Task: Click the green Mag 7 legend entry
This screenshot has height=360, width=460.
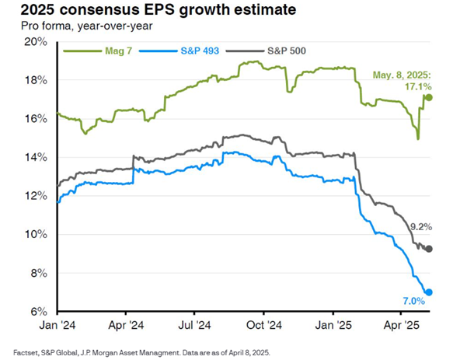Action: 98,51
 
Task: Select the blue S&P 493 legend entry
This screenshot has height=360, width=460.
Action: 179,51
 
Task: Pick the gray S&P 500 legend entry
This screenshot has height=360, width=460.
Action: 266,51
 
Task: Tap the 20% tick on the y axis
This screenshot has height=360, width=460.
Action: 36,42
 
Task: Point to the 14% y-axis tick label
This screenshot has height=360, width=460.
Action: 36,157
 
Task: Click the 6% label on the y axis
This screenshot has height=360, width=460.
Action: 39,312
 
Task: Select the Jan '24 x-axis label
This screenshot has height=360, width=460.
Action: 57,325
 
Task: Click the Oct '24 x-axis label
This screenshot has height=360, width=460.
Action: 264,325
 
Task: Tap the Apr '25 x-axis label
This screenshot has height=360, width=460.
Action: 402,325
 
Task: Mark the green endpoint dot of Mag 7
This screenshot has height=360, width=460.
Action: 429,97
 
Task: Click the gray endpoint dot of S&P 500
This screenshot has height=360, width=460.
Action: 429,249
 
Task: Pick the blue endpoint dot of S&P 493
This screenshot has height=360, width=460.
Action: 429,292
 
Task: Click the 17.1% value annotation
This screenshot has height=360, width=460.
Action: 418,86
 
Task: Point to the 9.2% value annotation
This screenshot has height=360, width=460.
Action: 421,227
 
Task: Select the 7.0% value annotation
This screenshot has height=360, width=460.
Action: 414,301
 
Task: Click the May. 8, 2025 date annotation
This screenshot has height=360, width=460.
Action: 402,75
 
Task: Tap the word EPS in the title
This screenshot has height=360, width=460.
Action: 159,9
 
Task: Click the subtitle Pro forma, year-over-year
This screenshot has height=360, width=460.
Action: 87,26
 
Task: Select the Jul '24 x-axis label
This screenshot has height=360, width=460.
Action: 195,325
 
